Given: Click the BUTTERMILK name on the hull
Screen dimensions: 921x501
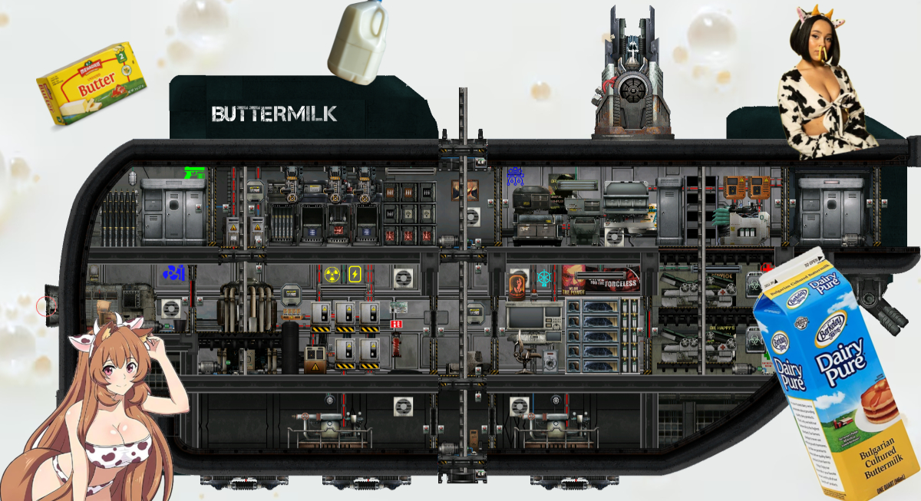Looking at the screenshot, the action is click(x=274, y=114).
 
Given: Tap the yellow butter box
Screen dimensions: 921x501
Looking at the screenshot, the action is click(x=91, y=85).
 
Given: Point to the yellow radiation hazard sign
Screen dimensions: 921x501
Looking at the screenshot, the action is click(x=332, y=274).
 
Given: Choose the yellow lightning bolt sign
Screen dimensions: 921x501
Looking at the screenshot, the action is click(x=355, y=274).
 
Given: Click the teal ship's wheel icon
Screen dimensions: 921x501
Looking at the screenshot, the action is click(x=544, y=277).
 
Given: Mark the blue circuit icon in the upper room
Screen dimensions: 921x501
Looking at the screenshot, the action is click(x=514, y=176).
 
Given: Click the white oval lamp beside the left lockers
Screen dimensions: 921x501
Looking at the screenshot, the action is click(x=131, y=180).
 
